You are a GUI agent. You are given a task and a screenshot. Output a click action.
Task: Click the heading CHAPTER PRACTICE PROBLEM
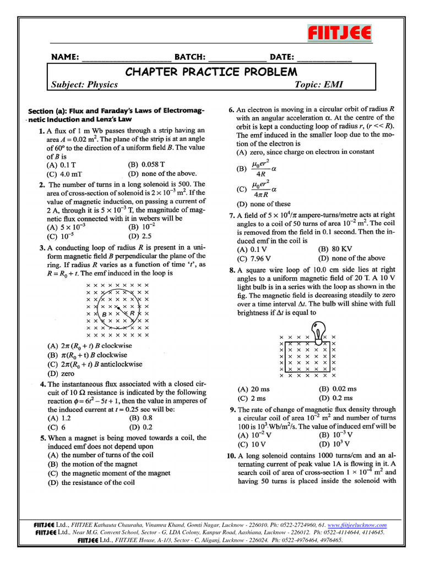(x=211, y=72)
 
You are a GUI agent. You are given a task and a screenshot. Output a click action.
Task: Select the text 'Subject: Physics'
(x=84, y=84)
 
